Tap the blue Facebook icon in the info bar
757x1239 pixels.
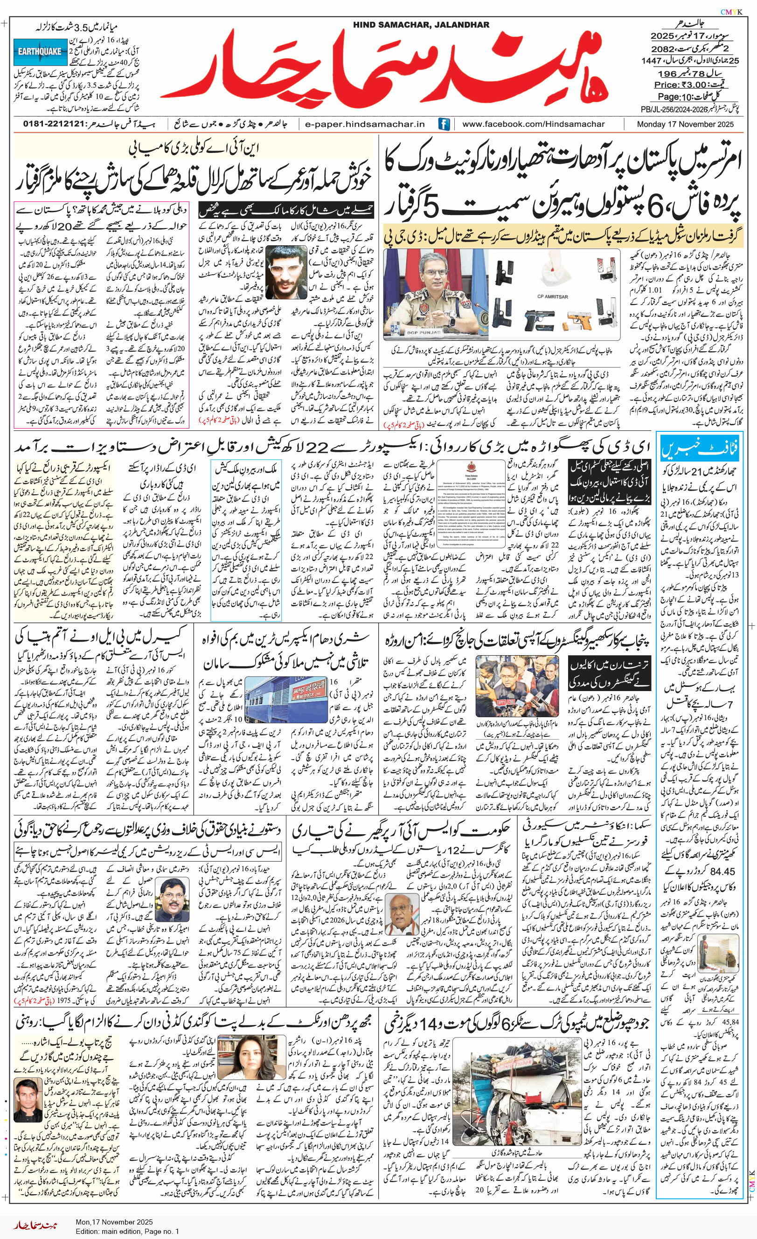pyautogui.click(x=444, y=124)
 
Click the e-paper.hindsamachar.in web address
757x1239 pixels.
pyautogui.click(x=365, y=124)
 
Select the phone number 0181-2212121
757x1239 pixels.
pyautogui.click(x=53, y=124)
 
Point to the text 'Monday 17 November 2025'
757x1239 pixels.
pyautogui.click(x=685, y=124)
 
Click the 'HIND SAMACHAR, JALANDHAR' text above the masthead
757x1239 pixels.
pyautogui.click(x=421, y=25)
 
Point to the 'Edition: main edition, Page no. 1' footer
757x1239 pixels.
pyautogui.click(x=127, y=1231)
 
